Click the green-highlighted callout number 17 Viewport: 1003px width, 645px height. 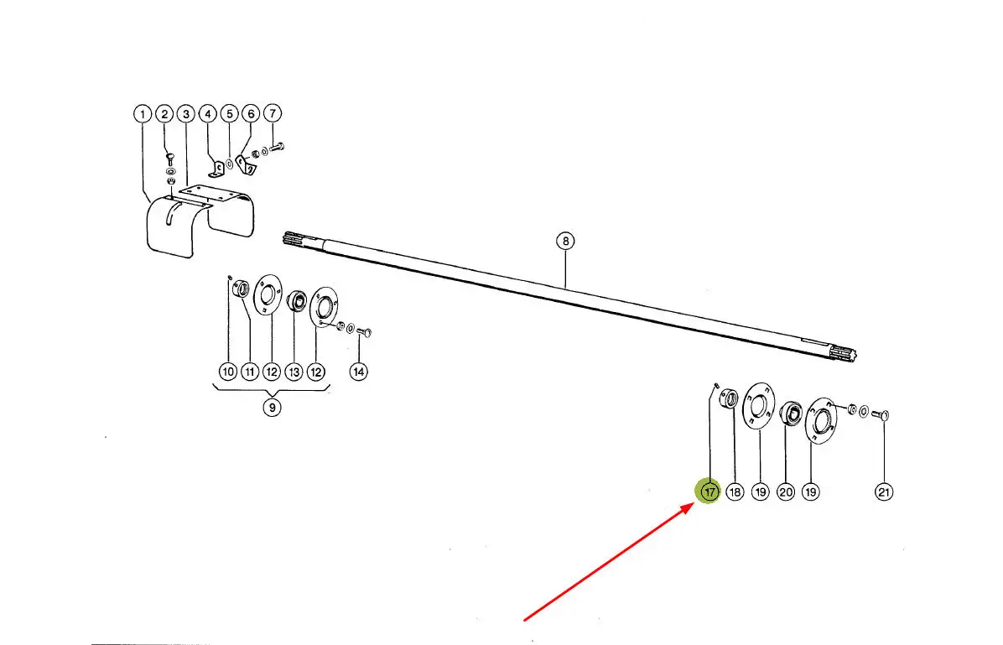click(x=709, y=492)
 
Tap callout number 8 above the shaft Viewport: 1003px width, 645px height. click(x=565, y=242)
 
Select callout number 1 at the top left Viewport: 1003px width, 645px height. click(x=142, y=114)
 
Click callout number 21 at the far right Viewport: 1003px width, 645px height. click(x=884, y=492)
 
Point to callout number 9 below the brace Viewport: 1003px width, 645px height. click(x=272, y=407)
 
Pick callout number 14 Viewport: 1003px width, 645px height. click(x=359, y=371)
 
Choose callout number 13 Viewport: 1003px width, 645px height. click(x=294, y=371)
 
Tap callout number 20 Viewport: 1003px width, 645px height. click(x=786, y=492)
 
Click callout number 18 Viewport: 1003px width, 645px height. click(x=735, y=492)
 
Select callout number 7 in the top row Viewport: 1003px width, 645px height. click(x=273, y=113)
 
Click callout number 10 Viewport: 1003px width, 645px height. click(x=228, y=371)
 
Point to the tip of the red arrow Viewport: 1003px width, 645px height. click(x=694, y=504)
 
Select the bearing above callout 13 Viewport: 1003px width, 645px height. click(x=296, y=300)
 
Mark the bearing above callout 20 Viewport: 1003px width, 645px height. click(x=791, y=412)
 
